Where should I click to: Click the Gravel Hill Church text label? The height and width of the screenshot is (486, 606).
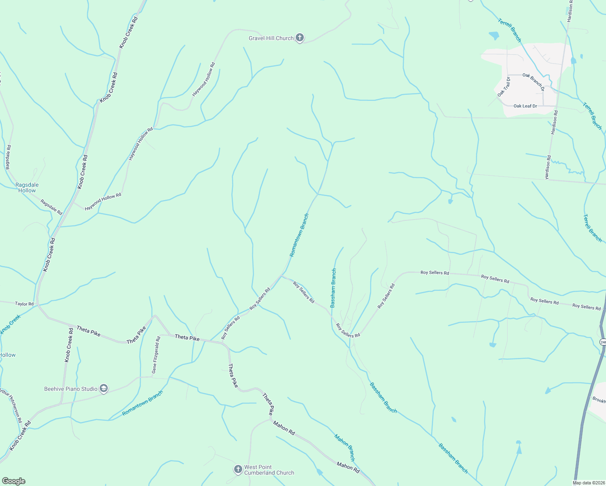click(x=271, y=38)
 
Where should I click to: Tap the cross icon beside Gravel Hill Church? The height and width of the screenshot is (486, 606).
click(x=299, y=38)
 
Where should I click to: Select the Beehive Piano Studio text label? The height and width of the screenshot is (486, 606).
click(x=71, y=389)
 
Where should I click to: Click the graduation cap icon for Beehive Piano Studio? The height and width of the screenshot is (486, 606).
click(x=103, y=389)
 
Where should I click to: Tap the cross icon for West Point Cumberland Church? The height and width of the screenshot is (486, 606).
click(x=238, y=469)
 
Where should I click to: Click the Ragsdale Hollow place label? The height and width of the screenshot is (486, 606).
click(x=27, y=188)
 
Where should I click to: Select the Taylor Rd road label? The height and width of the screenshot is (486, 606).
click(x=24, y=304)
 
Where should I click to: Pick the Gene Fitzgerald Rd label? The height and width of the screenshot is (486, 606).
click(x=156, y=355)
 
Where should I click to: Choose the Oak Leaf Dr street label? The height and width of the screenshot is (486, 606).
click(x=525, y=106)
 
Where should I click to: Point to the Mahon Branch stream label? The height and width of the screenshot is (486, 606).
click(x=344, y=448)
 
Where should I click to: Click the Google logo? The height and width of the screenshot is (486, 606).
click(x=13, y=481)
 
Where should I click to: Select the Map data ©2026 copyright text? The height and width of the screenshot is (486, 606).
click(x=589, y=483)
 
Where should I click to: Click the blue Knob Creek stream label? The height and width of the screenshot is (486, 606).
click(x=10, y=325)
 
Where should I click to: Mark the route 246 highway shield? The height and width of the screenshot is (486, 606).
click(x=603, y=342)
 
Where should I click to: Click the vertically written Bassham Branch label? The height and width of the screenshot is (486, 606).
click(x=333, y=288)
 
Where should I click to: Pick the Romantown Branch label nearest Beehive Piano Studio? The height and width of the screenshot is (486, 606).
click(x=143, y=403)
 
